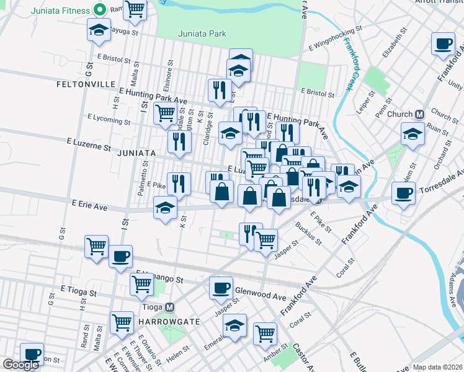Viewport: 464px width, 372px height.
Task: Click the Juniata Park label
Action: click(x=202, y=34)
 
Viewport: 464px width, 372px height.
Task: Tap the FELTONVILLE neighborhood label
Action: click(x=86, y=84)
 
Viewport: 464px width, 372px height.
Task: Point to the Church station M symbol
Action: click(x=419, y=114)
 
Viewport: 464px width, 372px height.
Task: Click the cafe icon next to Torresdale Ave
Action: click(x=404, y=192)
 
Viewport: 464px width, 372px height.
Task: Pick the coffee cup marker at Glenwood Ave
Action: click(x=221, y=288)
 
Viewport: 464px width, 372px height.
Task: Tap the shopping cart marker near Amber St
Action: click(x=265, y=333)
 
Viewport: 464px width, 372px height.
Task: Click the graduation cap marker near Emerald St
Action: click(x=235, y=325)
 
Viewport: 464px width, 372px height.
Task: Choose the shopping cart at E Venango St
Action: click(x=142, y=284)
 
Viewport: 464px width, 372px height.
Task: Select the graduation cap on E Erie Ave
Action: click(x=166, y=207)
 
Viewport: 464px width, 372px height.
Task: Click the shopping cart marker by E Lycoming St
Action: click(x=165, y=113)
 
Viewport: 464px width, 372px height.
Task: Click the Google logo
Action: click(x=21, y=365)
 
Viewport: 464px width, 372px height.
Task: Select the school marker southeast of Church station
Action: click(x=413, y=133)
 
